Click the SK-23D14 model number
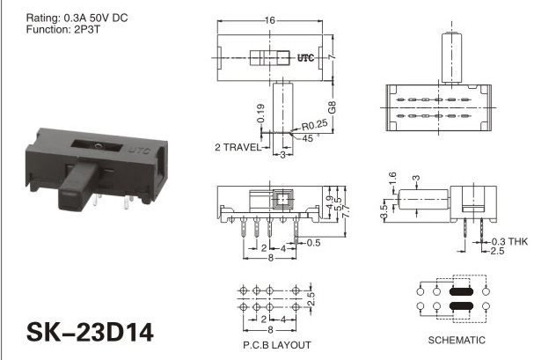(90, 332)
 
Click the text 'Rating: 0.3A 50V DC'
(77, 18)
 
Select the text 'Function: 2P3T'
(63, 29)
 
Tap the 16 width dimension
(270, 20)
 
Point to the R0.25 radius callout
(315, 125)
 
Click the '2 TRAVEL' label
(238, 147)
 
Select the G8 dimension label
(332, 107)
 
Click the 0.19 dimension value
(260, 114)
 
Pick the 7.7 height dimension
(347, 211)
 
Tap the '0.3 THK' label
(509, 241)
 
